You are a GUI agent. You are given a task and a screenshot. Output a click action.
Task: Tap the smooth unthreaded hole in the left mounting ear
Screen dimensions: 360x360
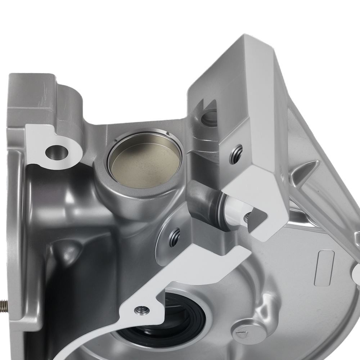point(56,152)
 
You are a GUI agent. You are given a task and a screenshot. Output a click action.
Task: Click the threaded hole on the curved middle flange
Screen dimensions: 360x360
point(174,237)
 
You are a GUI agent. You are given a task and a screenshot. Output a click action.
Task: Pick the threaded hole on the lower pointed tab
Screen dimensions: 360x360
point(141,310)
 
